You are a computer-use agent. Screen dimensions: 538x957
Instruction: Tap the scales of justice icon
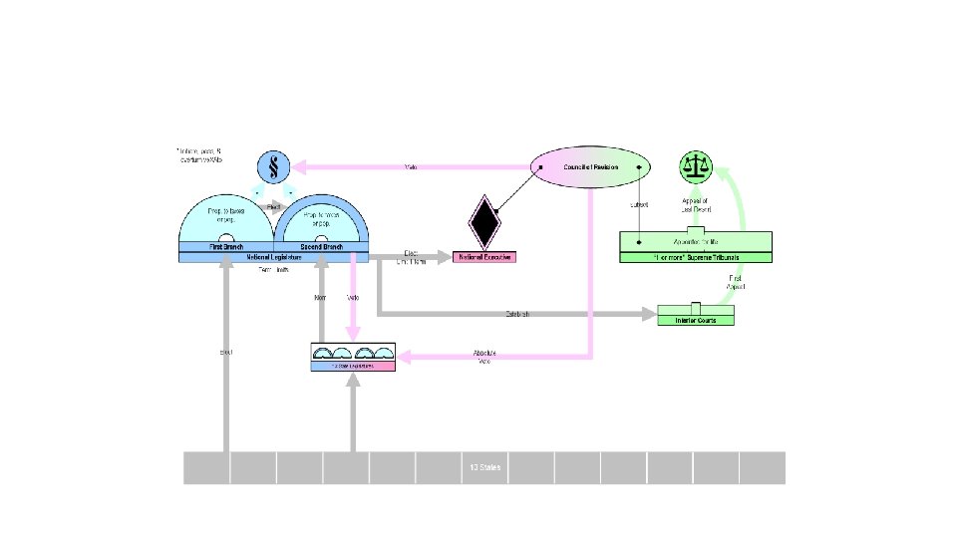(698, 166)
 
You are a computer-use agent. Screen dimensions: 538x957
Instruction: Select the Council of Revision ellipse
(590, 167)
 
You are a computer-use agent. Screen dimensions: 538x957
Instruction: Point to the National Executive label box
(484, 257)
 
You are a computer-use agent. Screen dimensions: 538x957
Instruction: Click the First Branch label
(227, 245)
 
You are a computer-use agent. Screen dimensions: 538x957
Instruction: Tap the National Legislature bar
(273, 257)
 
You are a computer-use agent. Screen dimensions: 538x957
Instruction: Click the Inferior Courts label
(695, 320)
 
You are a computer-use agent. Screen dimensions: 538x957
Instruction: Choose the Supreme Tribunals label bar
(696, 257)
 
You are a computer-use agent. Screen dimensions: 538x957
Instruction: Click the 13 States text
(484, 468)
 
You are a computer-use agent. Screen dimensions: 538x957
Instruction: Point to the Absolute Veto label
(484, 356)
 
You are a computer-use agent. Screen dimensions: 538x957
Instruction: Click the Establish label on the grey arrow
(516, 315)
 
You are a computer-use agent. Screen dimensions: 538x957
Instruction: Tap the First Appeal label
(736, 282)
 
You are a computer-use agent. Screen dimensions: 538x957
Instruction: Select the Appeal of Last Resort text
(696, 203)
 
